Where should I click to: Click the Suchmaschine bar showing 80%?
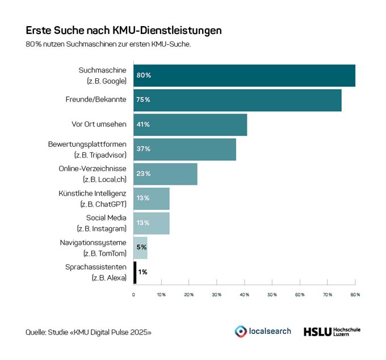[244, 75]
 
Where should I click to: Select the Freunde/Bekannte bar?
[237, 100]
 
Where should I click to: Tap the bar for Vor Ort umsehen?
[190, 125]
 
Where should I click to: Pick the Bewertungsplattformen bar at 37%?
[184, 149]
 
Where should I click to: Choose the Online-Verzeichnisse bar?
[165, 173]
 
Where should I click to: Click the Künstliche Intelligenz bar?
[152, 198]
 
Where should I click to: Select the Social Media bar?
[152, 223]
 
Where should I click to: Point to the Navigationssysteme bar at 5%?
[140, 248]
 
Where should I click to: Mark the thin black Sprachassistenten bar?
[135, 272]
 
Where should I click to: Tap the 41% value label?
[142, 125]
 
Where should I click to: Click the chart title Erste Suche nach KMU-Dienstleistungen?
[124, 29]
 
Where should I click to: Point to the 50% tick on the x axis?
[272, 295]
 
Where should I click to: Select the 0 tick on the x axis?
[133, 295]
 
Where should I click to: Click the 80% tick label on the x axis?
[355, 295]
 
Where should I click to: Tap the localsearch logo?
[263, 331]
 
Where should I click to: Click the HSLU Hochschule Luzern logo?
[332, 331]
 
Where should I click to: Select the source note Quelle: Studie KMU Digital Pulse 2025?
[89, 332]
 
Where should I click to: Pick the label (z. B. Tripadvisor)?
[100, 155]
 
